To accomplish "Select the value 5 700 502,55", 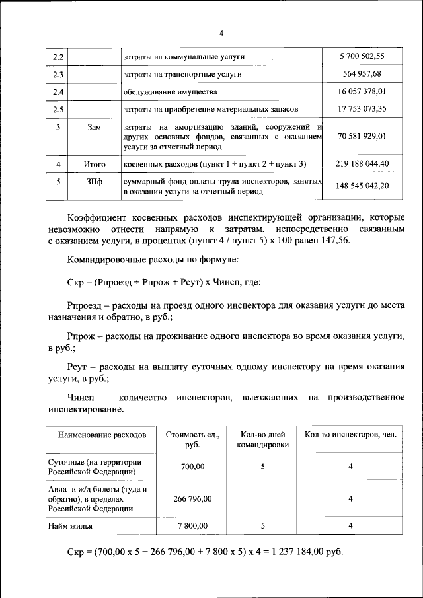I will (361, 57).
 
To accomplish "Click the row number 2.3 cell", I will (58, 75).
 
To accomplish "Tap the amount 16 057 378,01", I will (361, 92).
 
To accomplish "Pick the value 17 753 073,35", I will (361, 109).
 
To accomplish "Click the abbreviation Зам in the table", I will (95, 127).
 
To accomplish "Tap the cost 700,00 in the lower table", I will (192, 467).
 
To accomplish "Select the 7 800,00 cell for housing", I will (192, 526).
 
